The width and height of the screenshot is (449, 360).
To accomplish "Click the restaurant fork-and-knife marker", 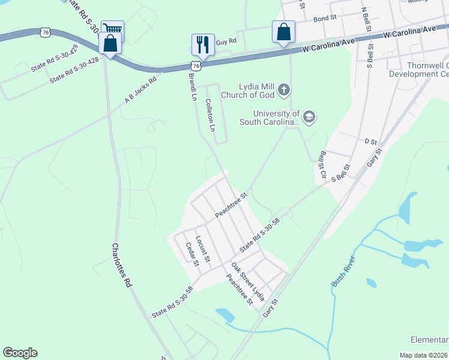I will click(x=203, y=44).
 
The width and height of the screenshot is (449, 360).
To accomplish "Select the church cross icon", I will click(x=284, y=91).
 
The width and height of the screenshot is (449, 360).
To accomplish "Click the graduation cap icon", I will click(x=309, y=116).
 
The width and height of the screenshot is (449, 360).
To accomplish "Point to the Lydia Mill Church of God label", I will click(x=247, y=91).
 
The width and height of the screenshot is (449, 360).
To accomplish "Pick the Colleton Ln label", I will click(x=210, y=115).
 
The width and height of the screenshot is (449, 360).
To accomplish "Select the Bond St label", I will click(x=325, y=19).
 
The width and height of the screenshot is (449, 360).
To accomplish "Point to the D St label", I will click(x=370, y=142).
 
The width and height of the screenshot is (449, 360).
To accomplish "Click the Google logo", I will click(x=20, y=353).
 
